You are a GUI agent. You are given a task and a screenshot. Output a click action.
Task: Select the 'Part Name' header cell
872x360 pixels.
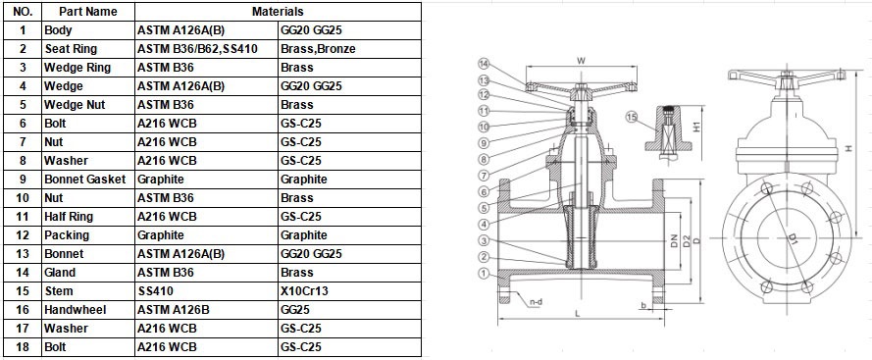(x=87, y=12)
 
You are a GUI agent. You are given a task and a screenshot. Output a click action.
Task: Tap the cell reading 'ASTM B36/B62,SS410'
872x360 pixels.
(x=197, y=49)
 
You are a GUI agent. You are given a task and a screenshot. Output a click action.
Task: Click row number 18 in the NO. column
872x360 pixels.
(x=21, y=347)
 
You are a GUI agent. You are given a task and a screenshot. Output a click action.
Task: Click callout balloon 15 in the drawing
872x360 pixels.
(x=632, y=119)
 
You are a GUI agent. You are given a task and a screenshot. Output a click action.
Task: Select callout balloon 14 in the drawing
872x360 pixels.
(x=484, y=66)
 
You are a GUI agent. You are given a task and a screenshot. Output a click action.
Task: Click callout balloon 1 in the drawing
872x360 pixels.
(x=484, y=273)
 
